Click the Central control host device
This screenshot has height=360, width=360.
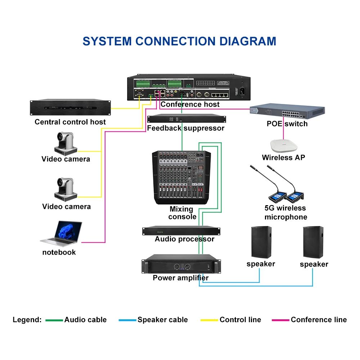click(70, 107)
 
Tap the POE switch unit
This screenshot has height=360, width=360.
click(287, 112)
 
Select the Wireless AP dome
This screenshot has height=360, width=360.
click(284, 146)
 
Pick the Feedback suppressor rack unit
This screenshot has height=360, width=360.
click(186, 119)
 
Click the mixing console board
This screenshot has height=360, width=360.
click(181, 177)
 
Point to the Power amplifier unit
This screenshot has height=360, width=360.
click(181, 264)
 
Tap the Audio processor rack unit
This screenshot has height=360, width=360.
click(181, 231)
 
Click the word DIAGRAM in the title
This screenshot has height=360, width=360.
click(248, 41)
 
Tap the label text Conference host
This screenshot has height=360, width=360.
click(190, 104)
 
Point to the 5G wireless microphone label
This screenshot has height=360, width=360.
click(285, 212)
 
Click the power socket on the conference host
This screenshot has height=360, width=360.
click(242, 91)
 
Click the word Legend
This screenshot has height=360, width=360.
click(27, 320)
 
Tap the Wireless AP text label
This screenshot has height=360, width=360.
click(284, 158)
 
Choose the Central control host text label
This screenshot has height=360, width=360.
click(70, 122)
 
